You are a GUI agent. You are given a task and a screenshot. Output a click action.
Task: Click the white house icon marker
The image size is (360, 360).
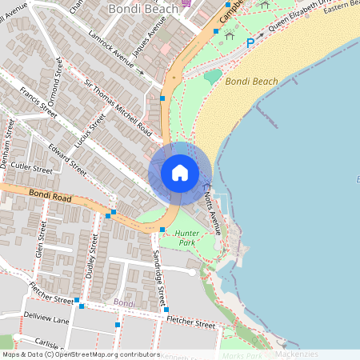pos(180,173)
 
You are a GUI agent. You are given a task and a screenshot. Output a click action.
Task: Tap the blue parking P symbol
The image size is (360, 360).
pos(250,42)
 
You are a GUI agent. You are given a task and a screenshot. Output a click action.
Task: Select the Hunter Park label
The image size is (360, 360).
pos(185,237)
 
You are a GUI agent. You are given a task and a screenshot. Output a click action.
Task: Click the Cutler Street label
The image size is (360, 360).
pos(32,170)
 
